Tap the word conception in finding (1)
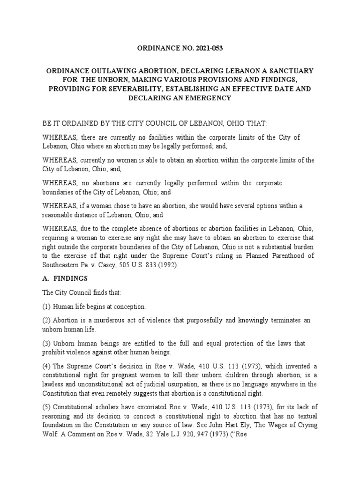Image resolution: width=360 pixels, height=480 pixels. point(130,307)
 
